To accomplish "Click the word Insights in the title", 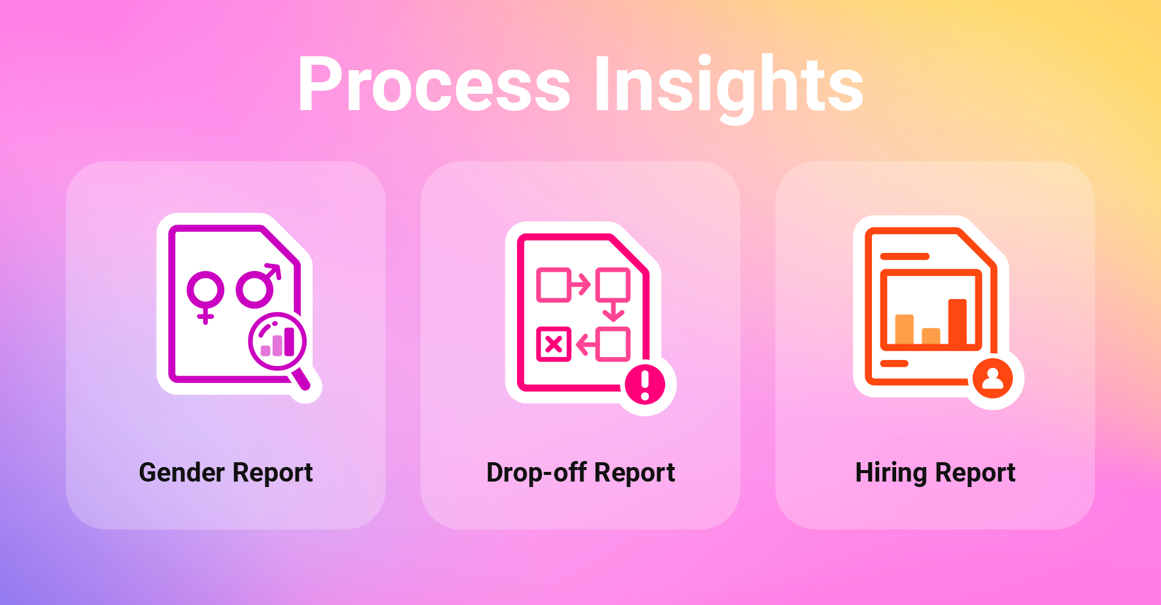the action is [729, 87].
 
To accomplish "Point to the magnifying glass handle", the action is [301, 379].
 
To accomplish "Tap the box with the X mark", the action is [554, 344].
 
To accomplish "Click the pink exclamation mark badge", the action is [645, 384].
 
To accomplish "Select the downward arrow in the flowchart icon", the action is [614, 312].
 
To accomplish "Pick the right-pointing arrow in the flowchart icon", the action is [580, 284].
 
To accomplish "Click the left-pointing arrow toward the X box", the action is [586, 345].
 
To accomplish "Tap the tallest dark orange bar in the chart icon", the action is [957, 321].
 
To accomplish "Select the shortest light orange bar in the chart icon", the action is [931, 336].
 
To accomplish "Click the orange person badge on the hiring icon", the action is [993, 379].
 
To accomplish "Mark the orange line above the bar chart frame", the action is [905, 257].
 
